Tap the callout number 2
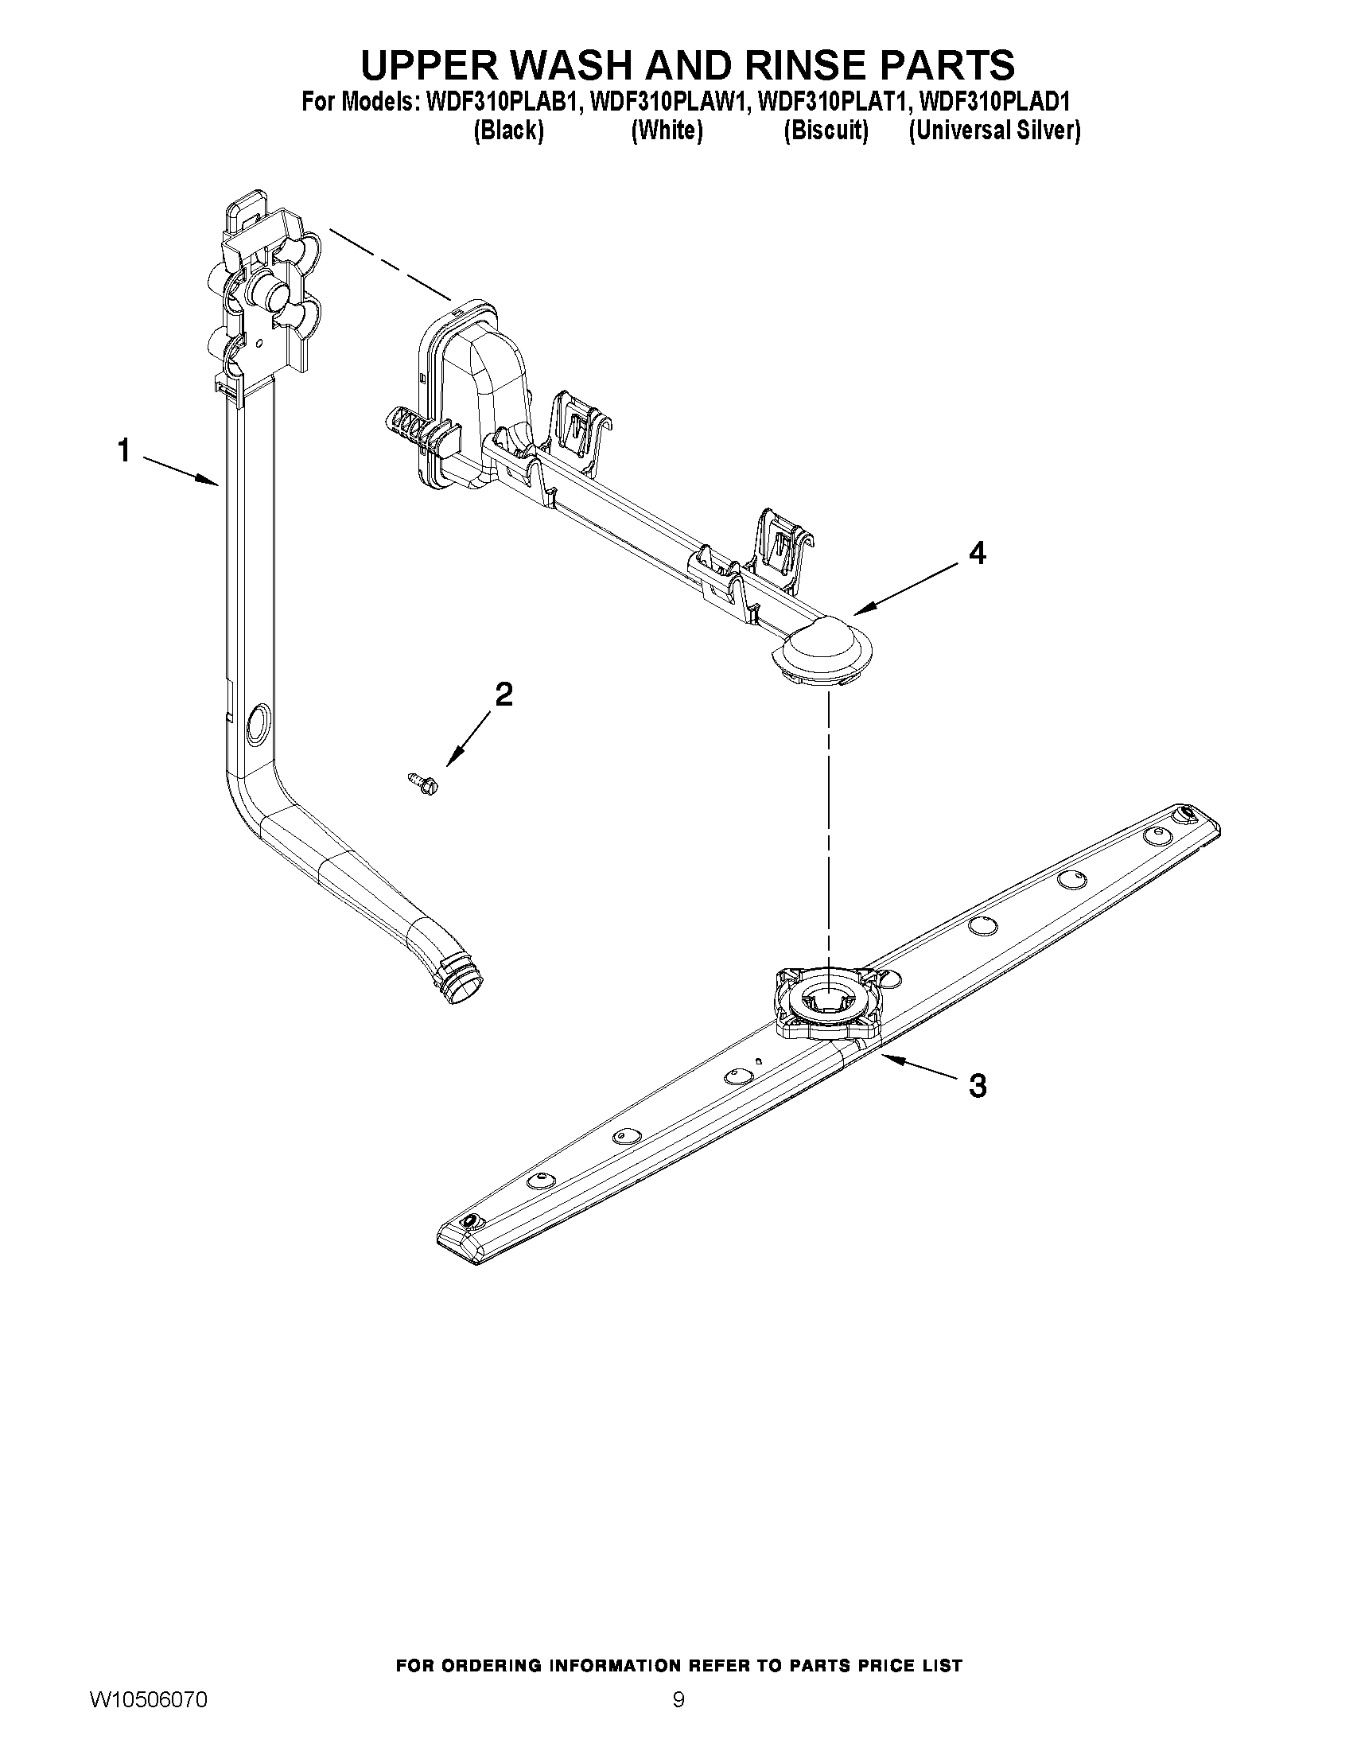click(503, 694)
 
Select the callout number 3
click(977, 1086)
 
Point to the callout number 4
click(977, 552)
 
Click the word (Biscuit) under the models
click(826, 130)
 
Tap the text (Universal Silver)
click(994, 130)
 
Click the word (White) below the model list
click(667, 130)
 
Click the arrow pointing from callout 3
click(918, 1064)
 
